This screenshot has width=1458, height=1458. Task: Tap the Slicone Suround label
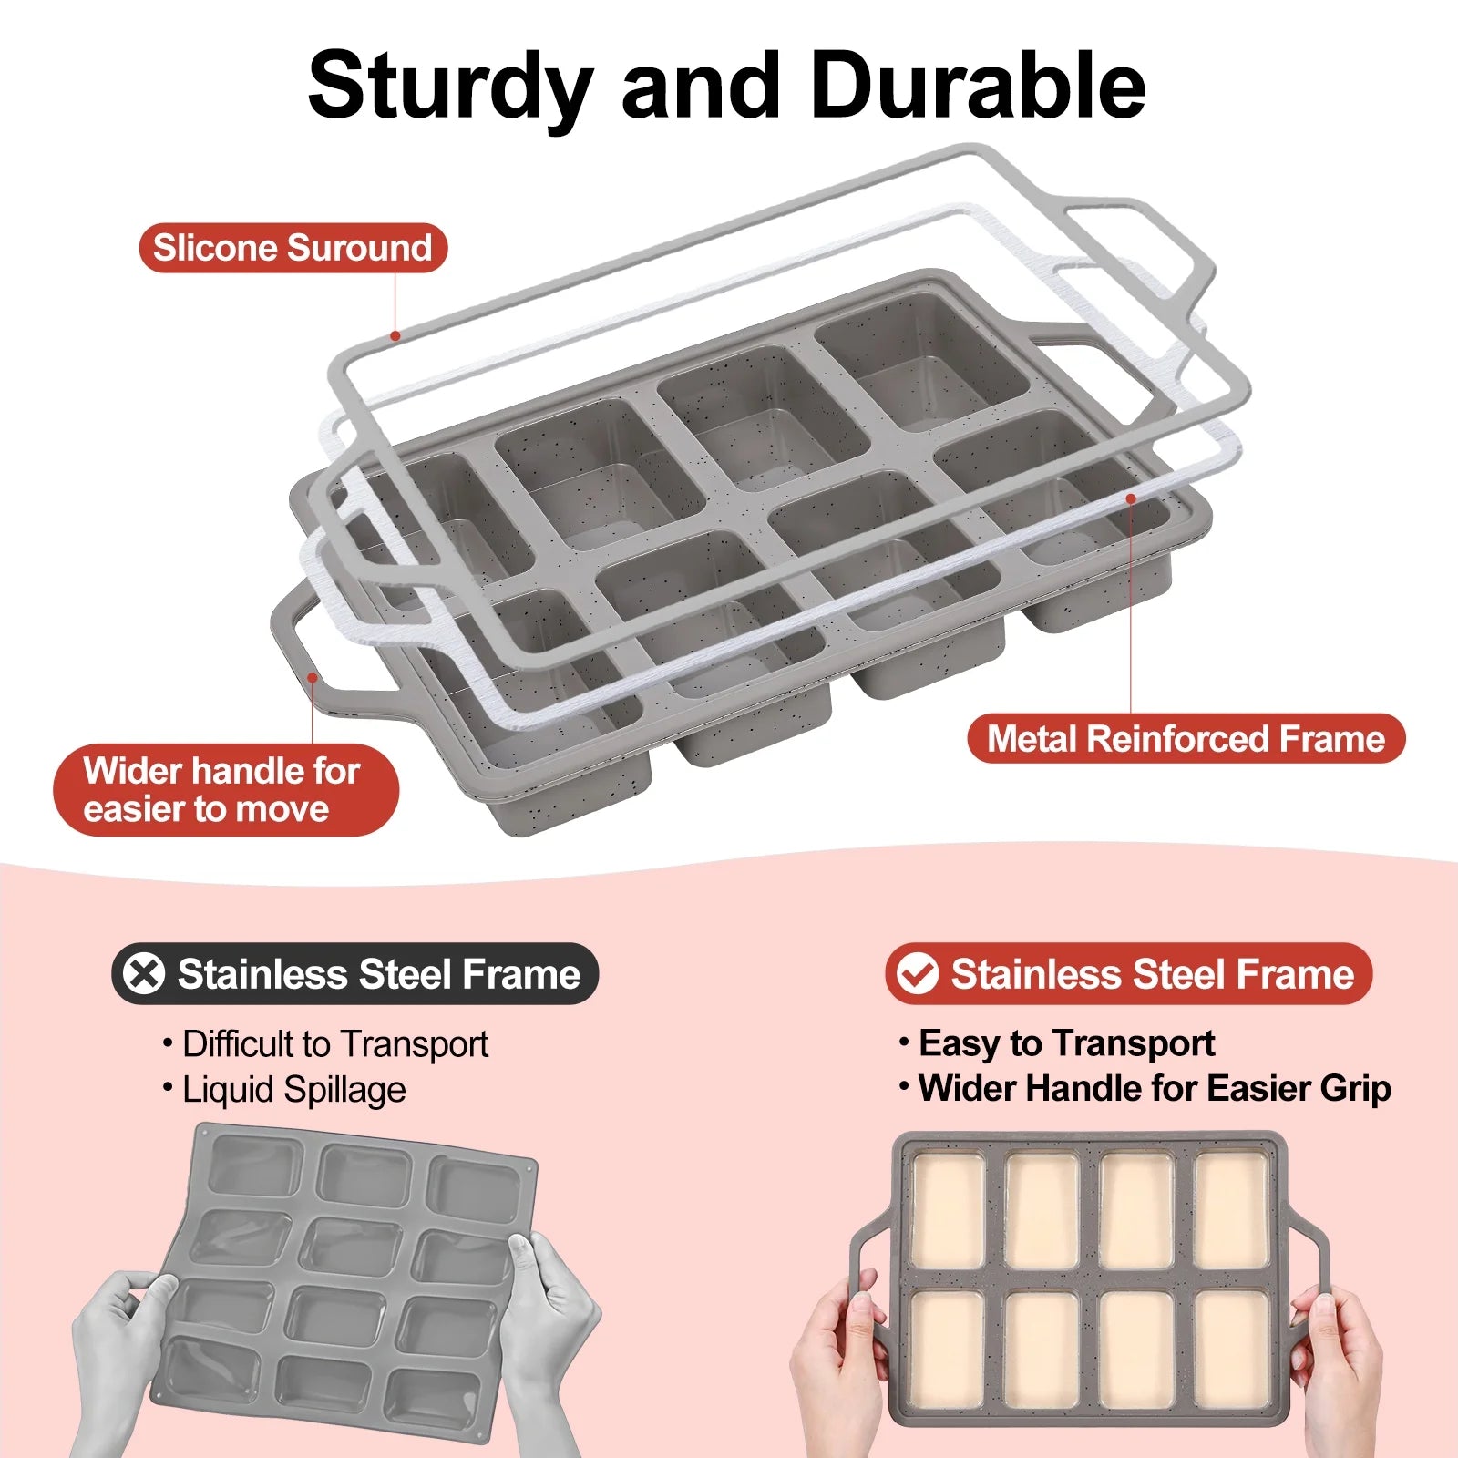(x=293, y=248)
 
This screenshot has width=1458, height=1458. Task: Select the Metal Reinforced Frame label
(x=1186, y=738)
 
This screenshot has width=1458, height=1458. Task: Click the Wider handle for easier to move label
(x=223, y=790)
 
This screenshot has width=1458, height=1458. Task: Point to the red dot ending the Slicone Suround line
(x=395, y=335)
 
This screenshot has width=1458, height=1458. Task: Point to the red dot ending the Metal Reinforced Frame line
(x=1131, y=498)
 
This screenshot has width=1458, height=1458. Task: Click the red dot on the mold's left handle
(x=313, y=676)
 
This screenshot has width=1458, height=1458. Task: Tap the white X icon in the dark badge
(x=145, y=973)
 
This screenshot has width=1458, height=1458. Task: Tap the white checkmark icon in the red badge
(x=917, y=973)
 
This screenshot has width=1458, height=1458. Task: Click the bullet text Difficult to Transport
(x=334, y=1044)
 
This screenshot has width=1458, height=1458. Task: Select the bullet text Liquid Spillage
(x=293, y=1090)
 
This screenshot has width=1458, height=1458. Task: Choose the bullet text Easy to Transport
(x=1066, y=1043)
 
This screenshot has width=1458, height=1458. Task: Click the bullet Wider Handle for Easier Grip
(x=1154, y=1088)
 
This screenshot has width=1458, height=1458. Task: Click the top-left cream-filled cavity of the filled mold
(x=948, y=1210)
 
